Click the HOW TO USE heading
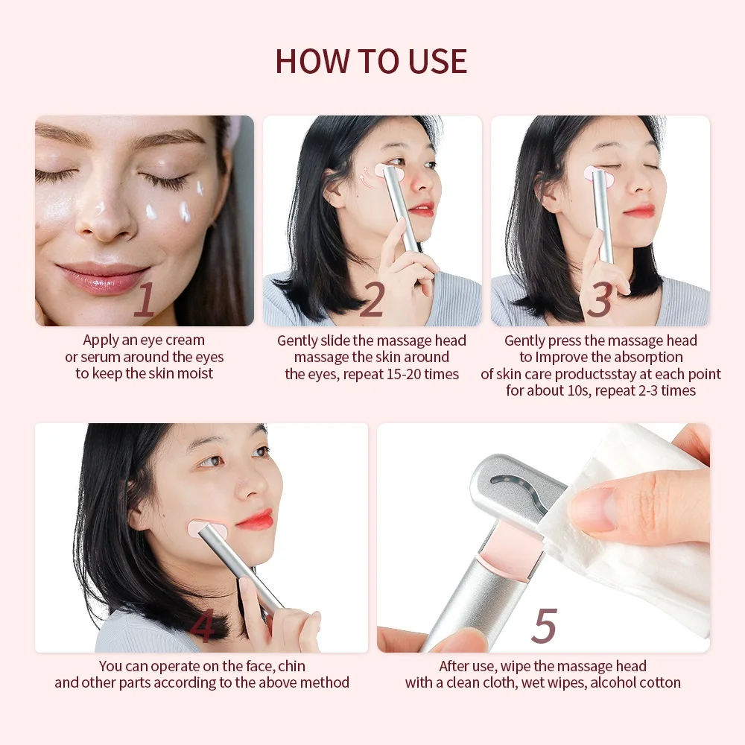click(x=371, y=61)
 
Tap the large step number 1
click(x=144, y=300)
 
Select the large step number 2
click(x=372, y=300)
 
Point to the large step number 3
click(x=600, y=300)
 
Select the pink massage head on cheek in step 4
click(x=204, y=530)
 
